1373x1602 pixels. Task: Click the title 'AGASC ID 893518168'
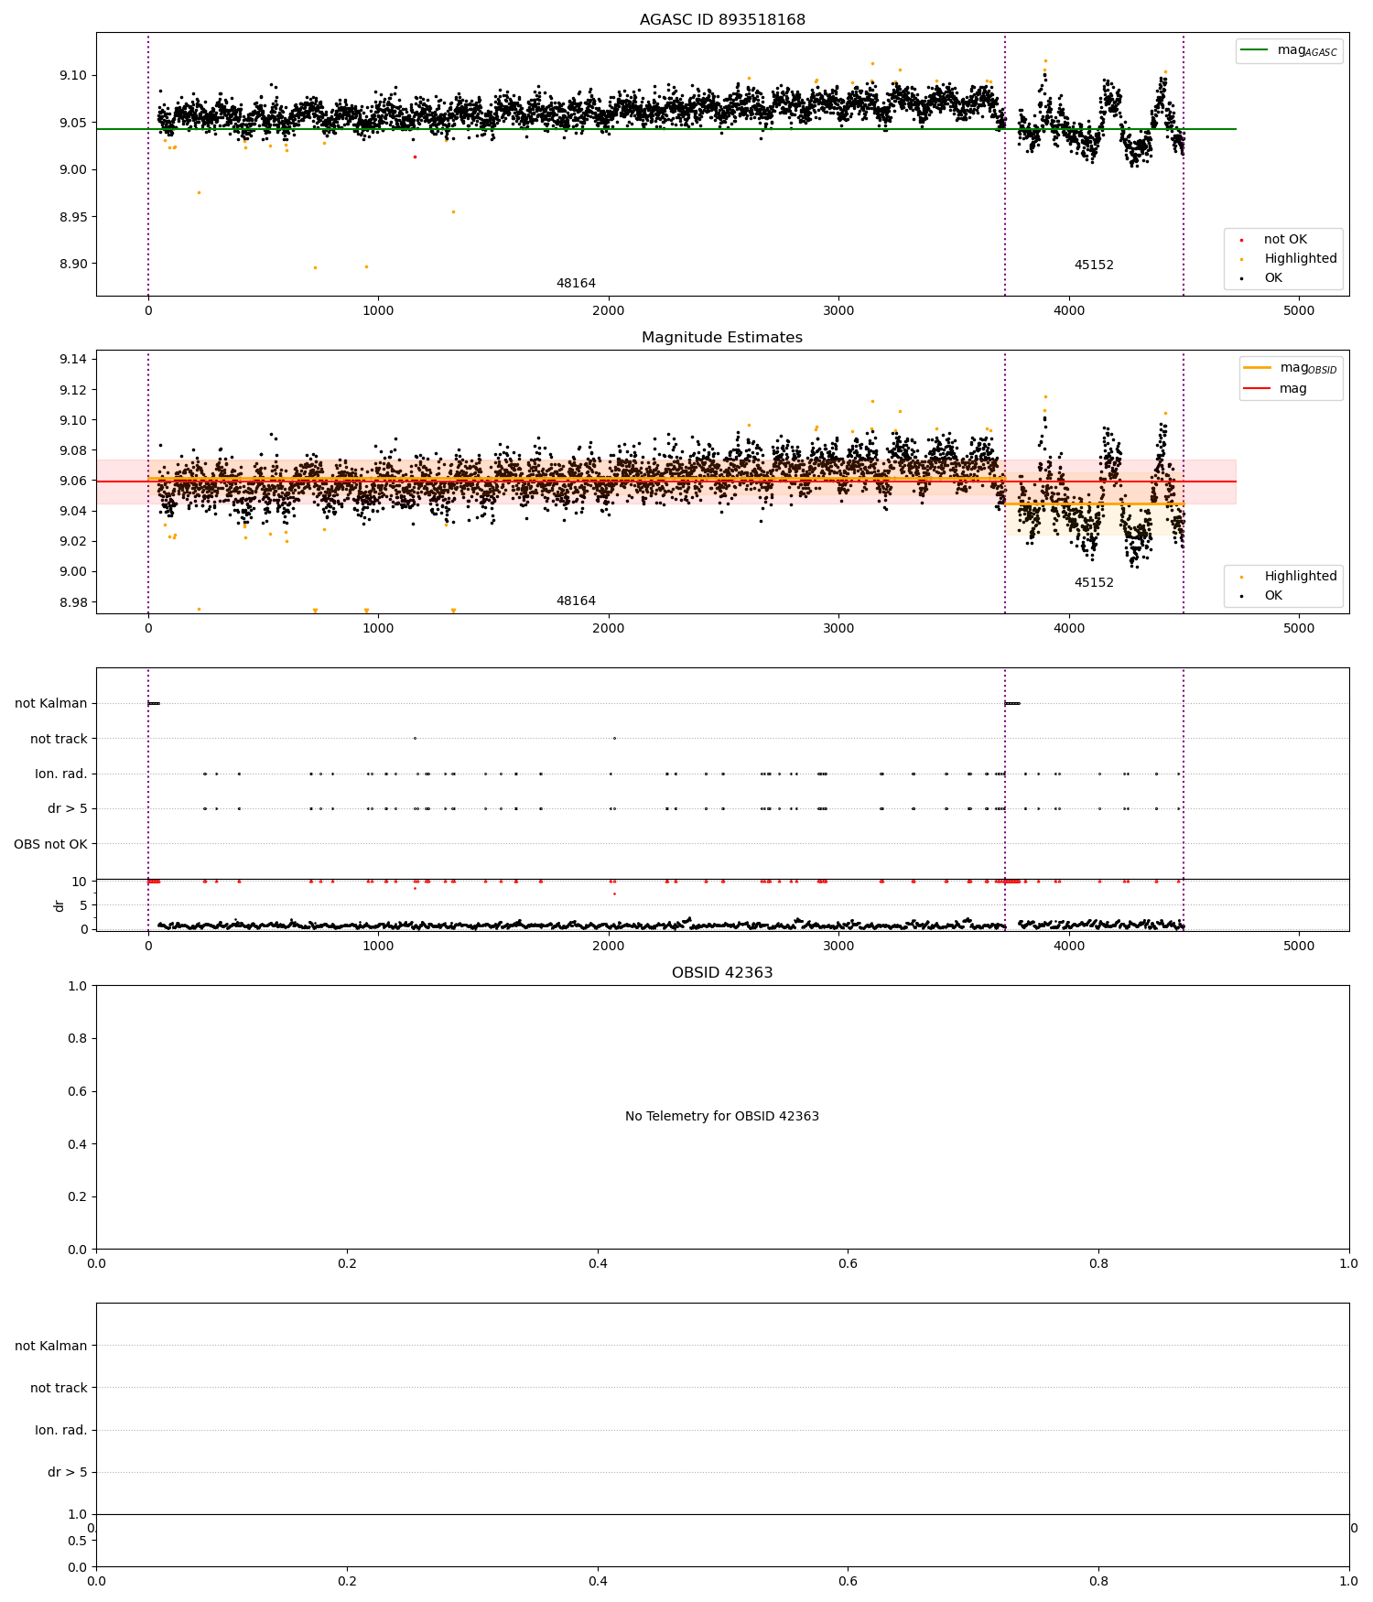click(722, 20)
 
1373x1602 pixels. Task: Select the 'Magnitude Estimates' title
click(722, 338)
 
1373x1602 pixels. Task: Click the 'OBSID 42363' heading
click(722, 973)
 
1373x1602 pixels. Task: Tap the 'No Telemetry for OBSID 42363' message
click(722, 1117)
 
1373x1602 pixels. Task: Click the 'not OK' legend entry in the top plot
click(1285, 240)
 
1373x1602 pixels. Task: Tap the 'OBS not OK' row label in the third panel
click(50, 844)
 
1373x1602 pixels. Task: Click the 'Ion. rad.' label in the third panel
click(60, 774)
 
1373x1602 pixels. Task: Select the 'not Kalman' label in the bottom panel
click(50, 1346)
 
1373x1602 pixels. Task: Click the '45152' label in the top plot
click(1094, 265)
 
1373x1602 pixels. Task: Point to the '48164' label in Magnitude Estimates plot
click(576, 601)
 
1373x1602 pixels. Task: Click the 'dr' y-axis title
click(59, 905)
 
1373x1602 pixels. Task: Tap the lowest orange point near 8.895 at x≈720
click(315, 267)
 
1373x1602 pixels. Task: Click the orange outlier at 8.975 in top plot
click(199, 192)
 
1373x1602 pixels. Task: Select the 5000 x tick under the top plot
click(1298, 310)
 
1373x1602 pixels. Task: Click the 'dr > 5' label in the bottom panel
click(67, 1472)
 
